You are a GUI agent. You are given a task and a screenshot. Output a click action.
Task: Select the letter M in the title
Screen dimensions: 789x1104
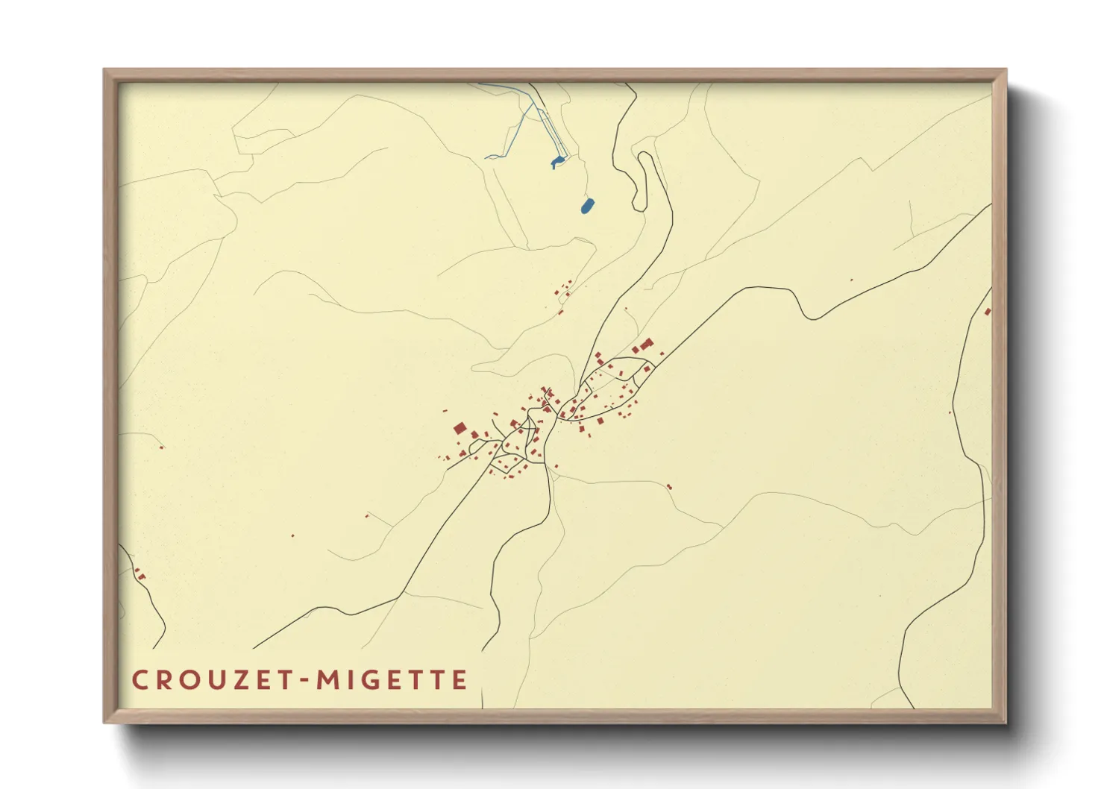tap(328, 680)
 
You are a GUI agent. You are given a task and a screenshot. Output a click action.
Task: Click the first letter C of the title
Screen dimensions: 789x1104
tap(139, 680)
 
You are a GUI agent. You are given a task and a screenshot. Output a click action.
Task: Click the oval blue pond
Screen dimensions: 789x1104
tap(588, 205)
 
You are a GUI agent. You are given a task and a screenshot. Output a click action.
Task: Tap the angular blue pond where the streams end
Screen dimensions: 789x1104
tap(556, 162)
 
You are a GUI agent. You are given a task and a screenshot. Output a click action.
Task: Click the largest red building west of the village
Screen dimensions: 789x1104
tap(460, 428)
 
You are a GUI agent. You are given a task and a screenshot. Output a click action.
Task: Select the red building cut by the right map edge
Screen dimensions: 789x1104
tap(988, 311)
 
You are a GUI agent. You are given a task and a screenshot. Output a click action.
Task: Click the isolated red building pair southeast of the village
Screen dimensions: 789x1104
tap(669, 487)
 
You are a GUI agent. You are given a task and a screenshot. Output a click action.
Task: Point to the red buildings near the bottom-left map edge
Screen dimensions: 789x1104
tap(139, 575)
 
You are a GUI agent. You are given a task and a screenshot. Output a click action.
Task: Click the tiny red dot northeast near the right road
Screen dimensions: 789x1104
tap(851, 280)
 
